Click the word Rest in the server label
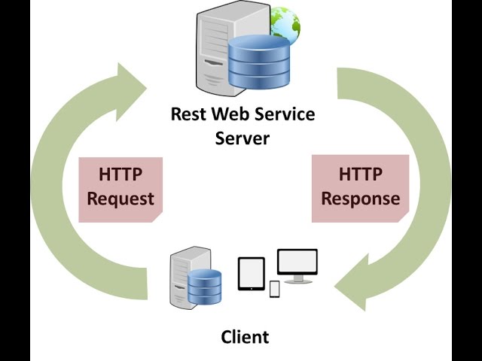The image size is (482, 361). click(188, 115)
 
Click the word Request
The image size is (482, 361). click(120, 199)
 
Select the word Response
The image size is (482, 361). click(360, 199)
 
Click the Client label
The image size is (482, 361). click(245, 336)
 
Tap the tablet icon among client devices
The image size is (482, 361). click(252, 274)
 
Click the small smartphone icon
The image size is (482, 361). click(274, 289)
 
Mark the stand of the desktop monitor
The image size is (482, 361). click(298, 279)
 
